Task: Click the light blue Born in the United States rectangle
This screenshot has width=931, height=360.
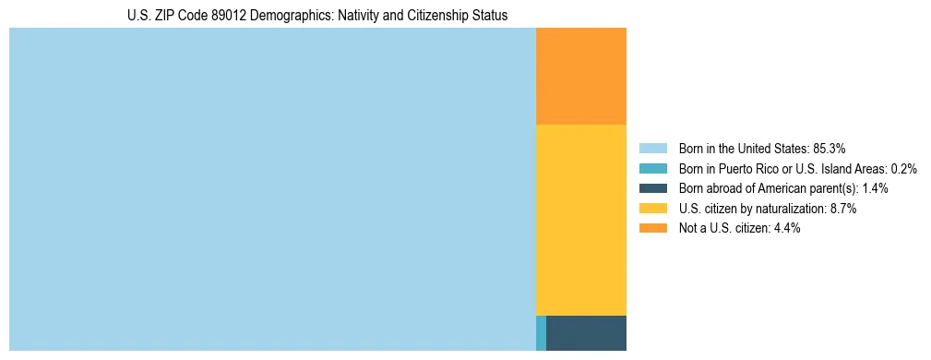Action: [x=272, y=189]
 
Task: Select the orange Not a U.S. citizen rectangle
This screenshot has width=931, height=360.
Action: [x=581, y=76]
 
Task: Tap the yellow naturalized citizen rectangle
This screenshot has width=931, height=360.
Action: [x=581, y=220]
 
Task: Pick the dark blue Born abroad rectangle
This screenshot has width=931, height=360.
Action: [x=586, y=333]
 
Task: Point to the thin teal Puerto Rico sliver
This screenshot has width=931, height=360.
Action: [x=541, y=333]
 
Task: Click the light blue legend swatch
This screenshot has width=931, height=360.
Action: [x=652, y=148]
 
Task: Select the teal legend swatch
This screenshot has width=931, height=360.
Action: [x=652, y=168]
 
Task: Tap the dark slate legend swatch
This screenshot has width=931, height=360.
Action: [x=652, y=188]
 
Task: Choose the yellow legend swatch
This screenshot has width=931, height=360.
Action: [x=652, y=209]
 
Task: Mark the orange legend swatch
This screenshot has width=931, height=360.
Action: [x=652, y=228]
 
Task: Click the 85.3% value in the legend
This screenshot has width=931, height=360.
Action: [x=830, y=148]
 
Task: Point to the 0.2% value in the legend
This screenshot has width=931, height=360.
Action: [x=904, y=168]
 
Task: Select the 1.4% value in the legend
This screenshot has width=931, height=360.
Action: [x=876, y=188]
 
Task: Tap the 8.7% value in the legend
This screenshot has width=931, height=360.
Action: [x=844, y=209]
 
